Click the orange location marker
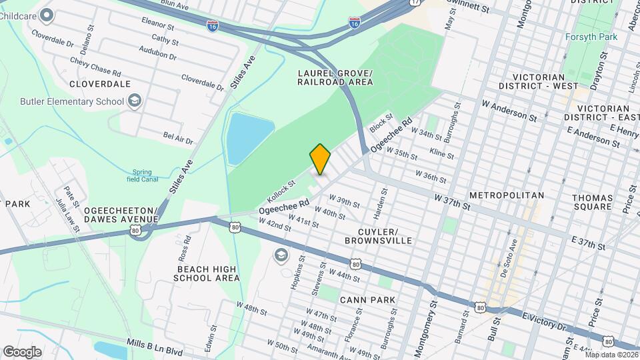pyautogui.click(x=320, y=159)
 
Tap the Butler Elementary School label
pyautogui.click(x=72, y=101)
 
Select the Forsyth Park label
pyautogui.click(x=591, y=37)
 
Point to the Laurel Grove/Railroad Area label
pyautogui.click(x=335, y=77)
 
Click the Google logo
pyautogui.click(x=22, y=351)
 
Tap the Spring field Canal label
pyautogui.click(x=142, y=175)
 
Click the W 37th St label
pyautogui.click(x=452, y=202)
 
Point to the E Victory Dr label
pyautogui.click(x=543, y=321)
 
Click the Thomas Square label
pyautogui.click(x=592, y=202)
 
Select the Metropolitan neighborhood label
pyautogui.click(x=507, y=195)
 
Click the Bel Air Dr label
pyautogui.click(x=178, y=138)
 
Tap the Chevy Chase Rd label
pyautogui.click(x=95, y=66)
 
